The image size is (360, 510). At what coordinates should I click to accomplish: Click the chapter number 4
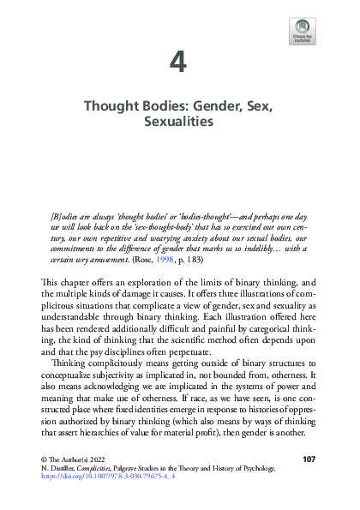pyautogui.click(x=179, y=62)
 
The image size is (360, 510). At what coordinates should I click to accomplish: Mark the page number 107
pyautogui.click(x=310, y=461)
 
